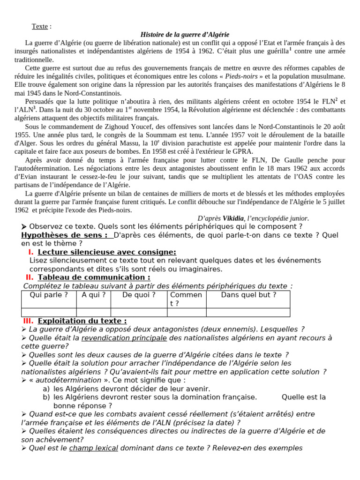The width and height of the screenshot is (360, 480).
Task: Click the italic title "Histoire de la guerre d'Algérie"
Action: point(185,35)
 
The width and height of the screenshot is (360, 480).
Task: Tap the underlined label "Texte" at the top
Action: point(40,26)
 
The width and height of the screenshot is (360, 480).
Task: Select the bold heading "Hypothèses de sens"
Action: point(64,235)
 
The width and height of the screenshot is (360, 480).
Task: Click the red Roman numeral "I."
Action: point(31,252)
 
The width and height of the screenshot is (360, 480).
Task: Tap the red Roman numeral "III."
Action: point(28,321)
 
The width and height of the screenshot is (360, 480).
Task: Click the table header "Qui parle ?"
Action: point(49,295)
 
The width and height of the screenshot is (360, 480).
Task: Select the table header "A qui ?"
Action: point(93,295)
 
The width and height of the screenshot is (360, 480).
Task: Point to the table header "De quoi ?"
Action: point(139,295)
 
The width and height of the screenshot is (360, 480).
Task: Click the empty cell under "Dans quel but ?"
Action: point(248,312)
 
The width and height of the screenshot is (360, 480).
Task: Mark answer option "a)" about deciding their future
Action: point(46,389)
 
